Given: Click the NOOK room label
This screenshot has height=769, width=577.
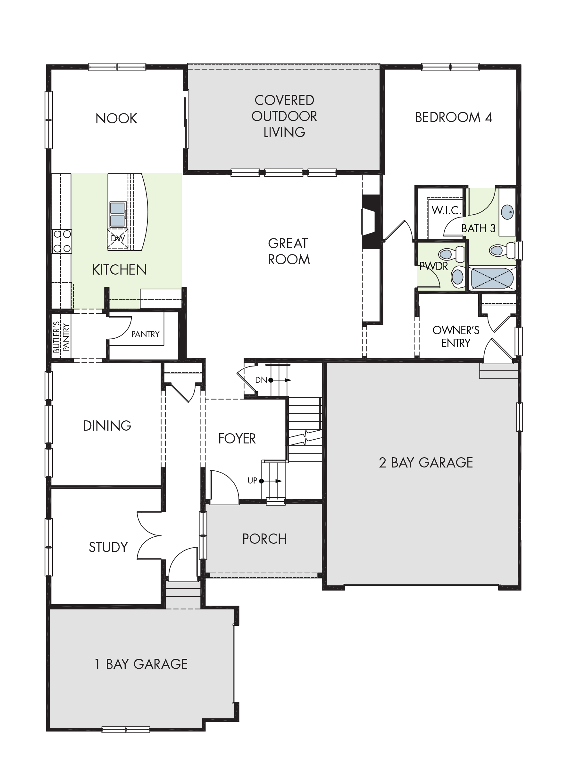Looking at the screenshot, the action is (116, 119).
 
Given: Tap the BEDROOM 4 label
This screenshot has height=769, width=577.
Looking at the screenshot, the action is (454, 118).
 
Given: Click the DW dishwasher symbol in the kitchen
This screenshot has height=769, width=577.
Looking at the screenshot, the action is (118, 239).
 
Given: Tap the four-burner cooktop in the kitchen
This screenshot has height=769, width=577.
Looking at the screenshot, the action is (62, 241).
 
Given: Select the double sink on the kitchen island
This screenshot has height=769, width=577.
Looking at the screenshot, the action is (118, 214).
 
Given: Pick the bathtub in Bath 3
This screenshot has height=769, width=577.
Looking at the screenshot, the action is (492, 278).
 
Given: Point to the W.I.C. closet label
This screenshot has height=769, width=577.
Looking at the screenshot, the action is (447, 210).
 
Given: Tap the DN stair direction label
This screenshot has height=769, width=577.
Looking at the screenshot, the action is (261, 380).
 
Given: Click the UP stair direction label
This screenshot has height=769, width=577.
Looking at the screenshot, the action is (252, 480).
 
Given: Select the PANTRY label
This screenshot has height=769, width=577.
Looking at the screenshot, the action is (146, 334).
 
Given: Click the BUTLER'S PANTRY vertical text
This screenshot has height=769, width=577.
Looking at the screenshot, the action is (61, 337).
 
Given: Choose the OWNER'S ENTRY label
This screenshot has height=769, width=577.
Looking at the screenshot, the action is (456, 336).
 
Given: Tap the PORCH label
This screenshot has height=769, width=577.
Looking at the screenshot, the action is (264, 539).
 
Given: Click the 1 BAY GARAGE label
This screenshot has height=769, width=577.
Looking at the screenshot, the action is (141, 664).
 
